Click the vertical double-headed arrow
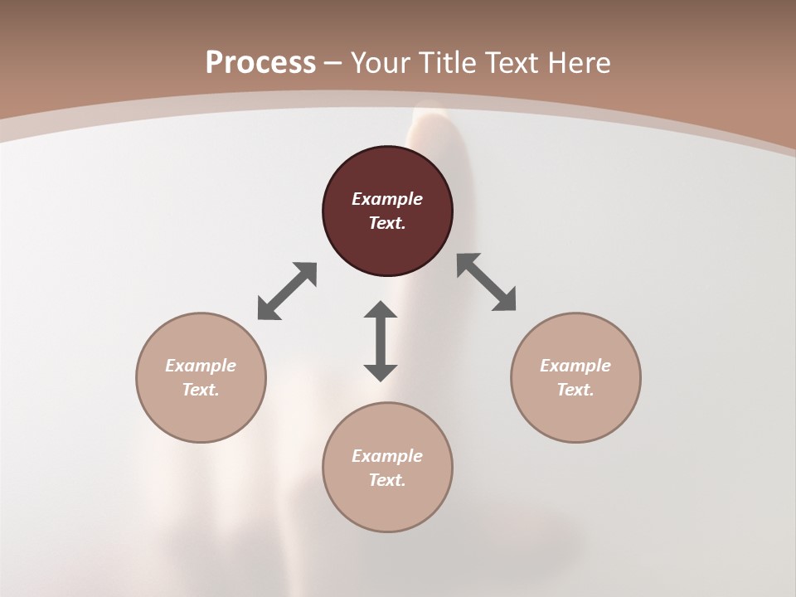pyautogui.click(x=381, y=341)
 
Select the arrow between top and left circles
pyautogui.click(x=287, y=291)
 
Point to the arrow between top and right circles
pyautogui.click(x=487, y=282)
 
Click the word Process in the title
pyautogui.click(x=260, y=63)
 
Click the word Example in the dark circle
pyautogui.click(x=387, y=199)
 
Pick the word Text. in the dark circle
pyautogui.click(x=387, y=223)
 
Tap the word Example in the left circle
pyautogui.click(x=201, y=366)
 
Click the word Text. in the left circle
pyautogui.click(x=201, y=390)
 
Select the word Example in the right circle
pyautogui.click(x=575, y=366)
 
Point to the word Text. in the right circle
pyautogui.click(x=575, y=390)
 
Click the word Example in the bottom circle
pyautogui.click(x=387, y=456)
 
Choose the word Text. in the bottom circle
pyautogui.click(x=387, y=480)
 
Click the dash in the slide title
pyautogui.click(x=333, y=63)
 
